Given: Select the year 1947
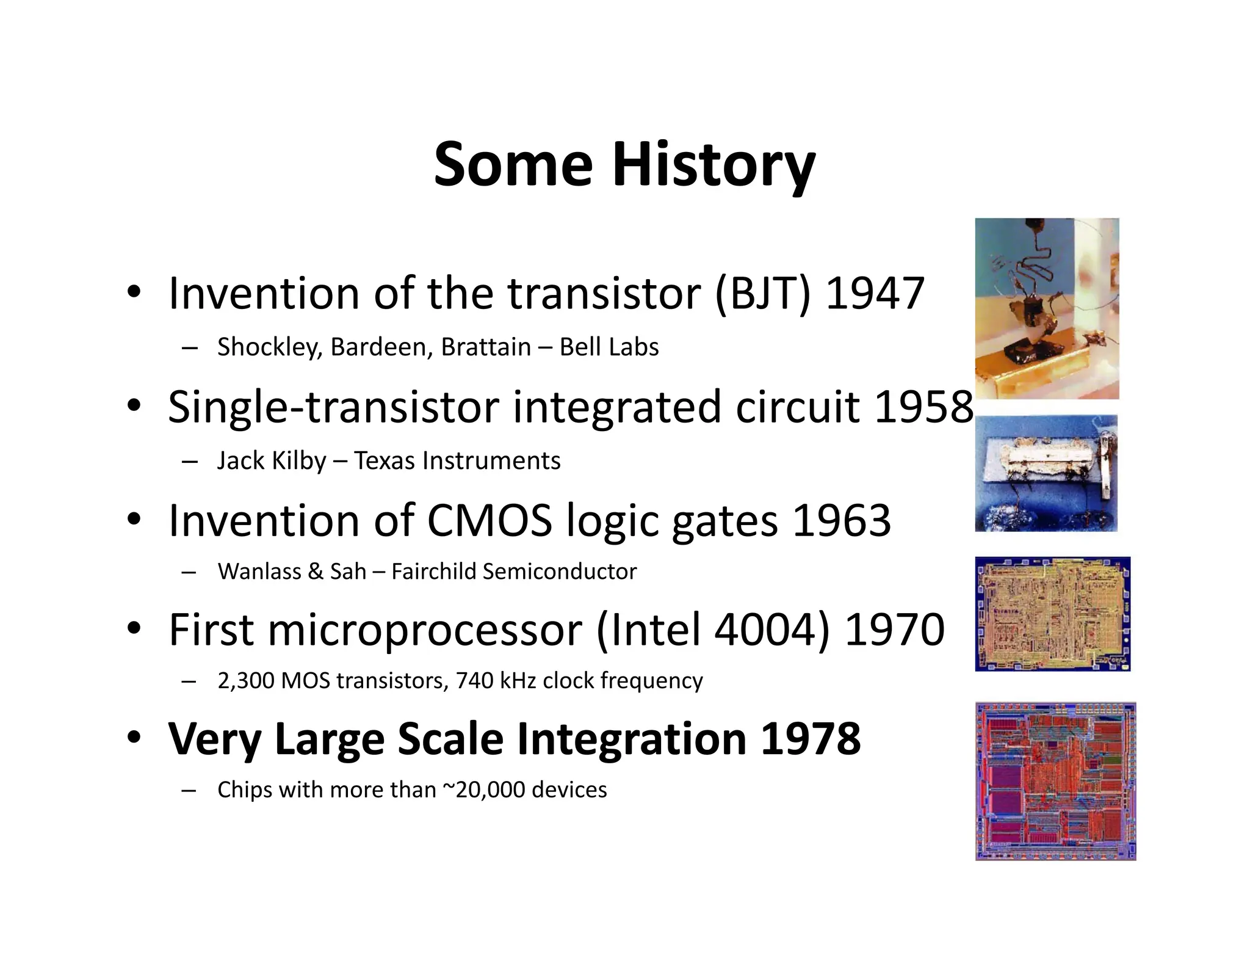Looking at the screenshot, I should click(x=875, y=294).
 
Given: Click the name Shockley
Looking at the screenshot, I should click(x=267, y=347).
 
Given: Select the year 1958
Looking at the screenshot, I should click(x=923, y=407).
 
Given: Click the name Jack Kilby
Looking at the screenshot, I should click(x=272, y=460).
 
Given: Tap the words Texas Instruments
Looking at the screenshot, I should click(x=457, y=460).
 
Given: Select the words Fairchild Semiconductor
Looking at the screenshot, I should click(x=514, y=572).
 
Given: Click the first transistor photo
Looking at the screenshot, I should click(x=1046, y=308).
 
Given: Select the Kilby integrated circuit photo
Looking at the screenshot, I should click(x=1046, y=473).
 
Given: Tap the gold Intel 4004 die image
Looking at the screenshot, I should click(x=1052, y=614).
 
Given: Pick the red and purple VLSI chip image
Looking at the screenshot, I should click(x=1055, y=781).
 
